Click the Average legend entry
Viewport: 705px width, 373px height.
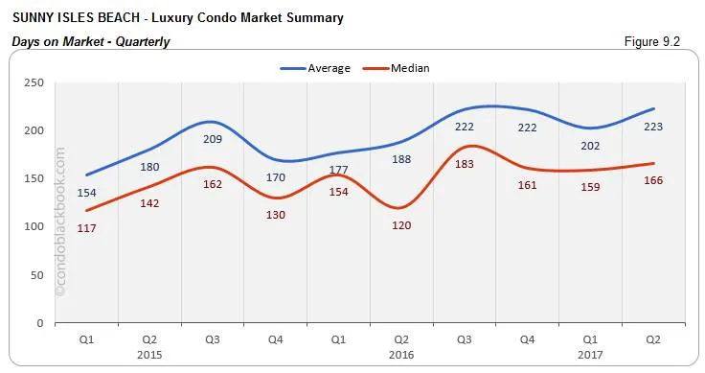[x=315, y=68]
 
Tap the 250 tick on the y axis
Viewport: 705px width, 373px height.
[x=35, y=82]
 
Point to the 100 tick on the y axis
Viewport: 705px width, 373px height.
[x=35, y=226]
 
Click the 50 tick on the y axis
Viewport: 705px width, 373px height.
[x=38, y=275]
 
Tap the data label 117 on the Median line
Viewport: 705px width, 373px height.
[x=86, y=228]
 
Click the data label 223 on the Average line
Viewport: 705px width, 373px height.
[x=654, y=127]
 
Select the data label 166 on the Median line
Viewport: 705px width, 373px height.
[x=654, y=180]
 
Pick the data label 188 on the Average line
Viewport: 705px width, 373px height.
[x=402, y=159]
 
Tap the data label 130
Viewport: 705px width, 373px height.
[x=276, y=215]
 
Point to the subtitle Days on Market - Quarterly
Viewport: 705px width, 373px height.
[x=90, y=41]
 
